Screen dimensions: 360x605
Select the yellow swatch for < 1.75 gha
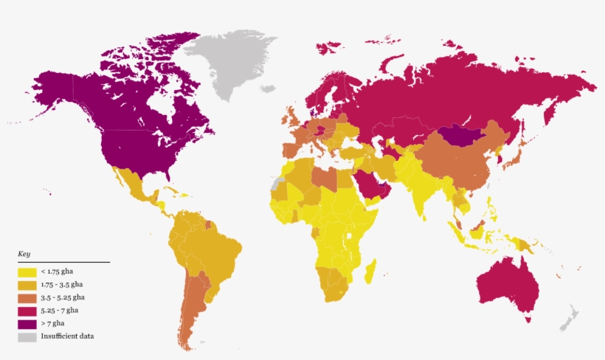(x=27, y=272)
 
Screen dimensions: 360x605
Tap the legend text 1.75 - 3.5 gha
(x=62, y=285)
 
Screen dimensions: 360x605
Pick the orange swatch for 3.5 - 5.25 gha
(x=27, y=298)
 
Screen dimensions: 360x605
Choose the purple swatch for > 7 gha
(x=27, y=324)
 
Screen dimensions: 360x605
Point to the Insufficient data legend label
(x=68, y=336)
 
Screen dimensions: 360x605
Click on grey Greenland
(x=229, y=66)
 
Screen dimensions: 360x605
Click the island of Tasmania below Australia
(x=528, y=319)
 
